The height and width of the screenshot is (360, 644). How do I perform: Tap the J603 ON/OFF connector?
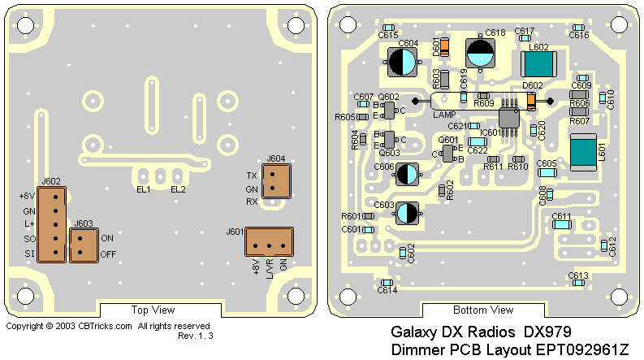[x=84, y=245]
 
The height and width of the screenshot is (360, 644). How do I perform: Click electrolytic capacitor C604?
[x=403, y=62]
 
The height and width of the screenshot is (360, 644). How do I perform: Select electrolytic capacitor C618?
[x=480, y=54]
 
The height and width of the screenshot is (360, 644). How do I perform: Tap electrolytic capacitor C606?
[x=408, y=172]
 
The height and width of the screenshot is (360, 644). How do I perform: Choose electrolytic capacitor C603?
[x=407, y=213]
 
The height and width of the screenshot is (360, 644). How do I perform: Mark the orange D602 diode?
[x=531, y=101]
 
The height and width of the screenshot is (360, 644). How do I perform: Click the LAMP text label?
[x=444, y=115]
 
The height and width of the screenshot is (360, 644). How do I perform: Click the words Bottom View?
[x=483, y=310]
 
